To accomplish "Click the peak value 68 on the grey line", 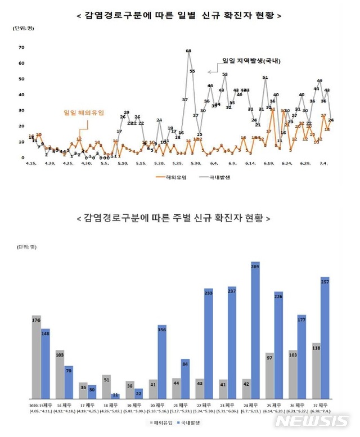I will pos(188,51).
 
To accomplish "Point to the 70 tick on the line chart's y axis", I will pos(21,48).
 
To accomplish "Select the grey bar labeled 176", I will pos(37,357).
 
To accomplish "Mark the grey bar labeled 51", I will pos(107,386).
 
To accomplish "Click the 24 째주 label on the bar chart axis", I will pos(251,404).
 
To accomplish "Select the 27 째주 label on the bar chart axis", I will pos(320,404).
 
